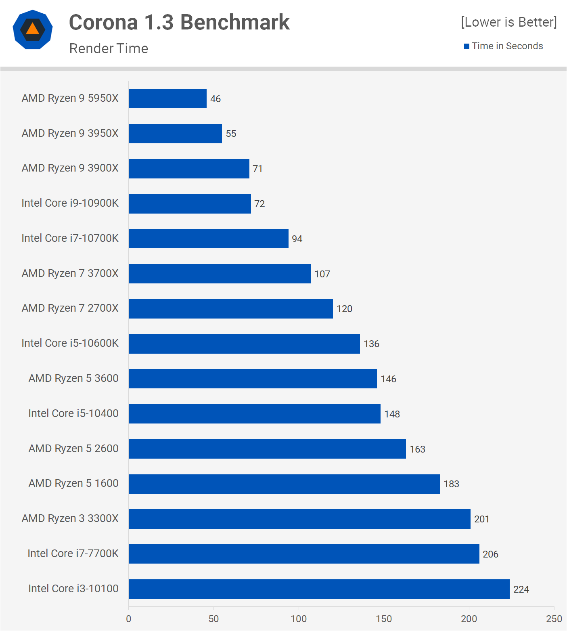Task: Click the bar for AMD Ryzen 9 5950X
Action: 167,99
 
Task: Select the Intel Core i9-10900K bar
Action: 190,203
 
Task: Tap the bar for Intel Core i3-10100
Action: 319,589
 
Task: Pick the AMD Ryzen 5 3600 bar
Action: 253,379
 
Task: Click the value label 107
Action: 322,274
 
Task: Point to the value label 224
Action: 521,589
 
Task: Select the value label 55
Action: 231,134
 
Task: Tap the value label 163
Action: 417,449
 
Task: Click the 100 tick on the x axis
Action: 299,618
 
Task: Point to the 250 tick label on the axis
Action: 554,618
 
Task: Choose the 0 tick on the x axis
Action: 129,618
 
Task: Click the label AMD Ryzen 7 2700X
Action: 70,308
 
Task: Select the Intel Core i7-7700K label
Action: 73,553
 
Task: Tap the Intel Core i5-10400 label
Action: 73,413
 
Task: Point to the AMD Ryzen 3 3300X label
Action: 70,518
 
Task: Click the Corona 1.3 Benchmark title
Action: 179,22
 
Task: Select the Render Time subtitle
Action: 109,48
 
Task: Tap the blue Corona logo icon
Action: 33,29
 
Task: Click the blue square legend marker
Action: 467,46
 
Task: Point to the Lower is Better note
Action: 508,22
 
